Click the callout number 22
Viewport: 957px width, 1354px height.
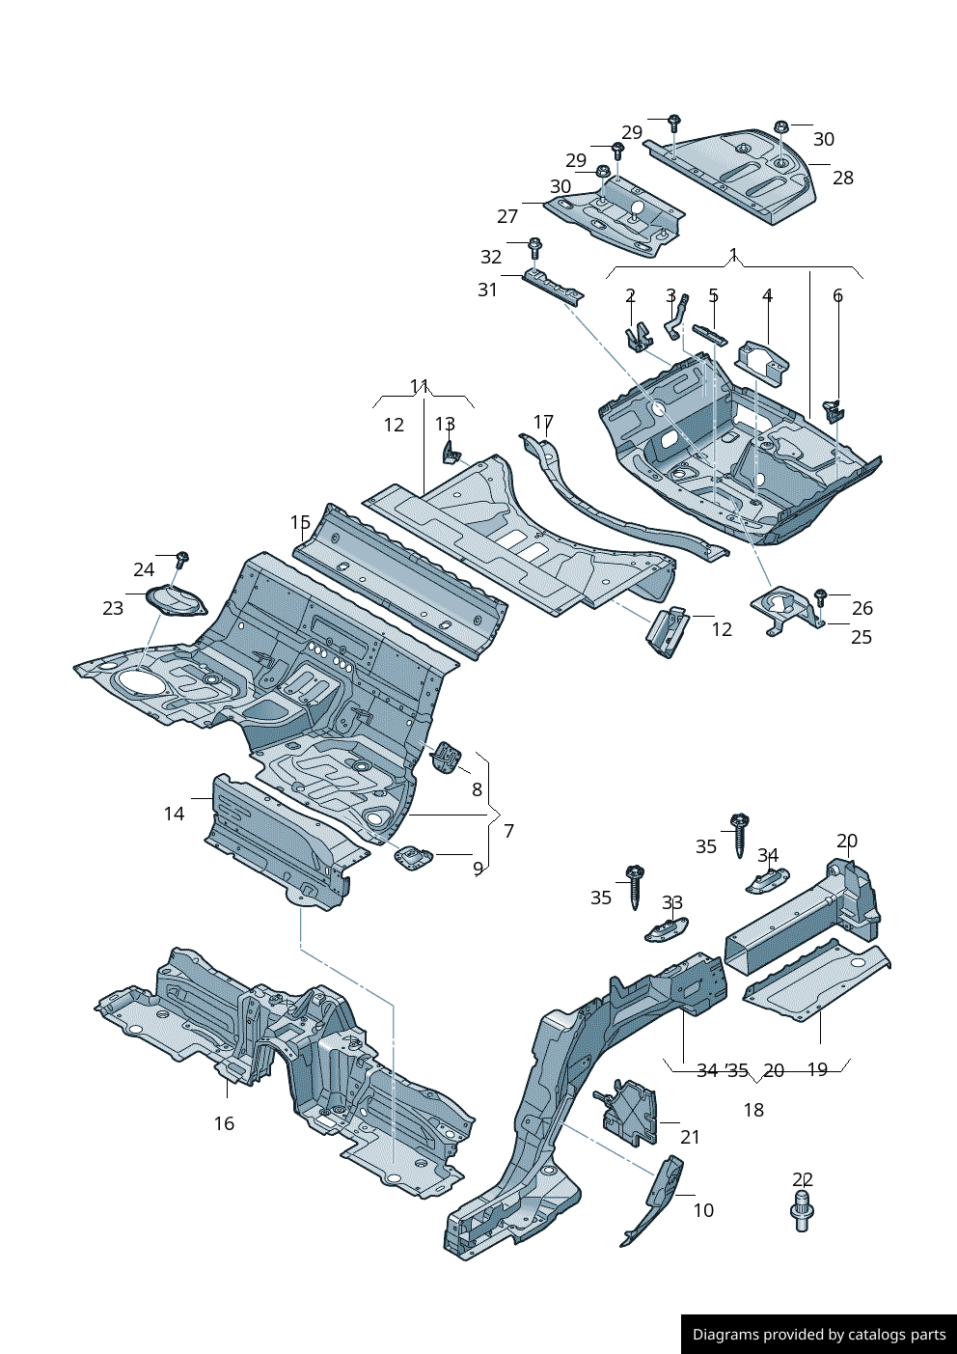click(x=803, y=1179)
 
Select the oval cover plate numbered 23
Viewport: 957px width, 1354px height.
click(x=176, y=601)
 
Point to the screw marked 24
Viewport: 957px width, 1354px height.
click(x=182, y=559)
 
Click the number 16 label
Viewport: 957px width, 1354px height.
click(x=224, y=1123)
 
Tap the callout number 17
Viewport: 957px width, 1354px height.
click(x=543, y=423)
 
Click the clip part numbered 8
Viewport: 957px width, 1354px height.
click(x=446, y=757)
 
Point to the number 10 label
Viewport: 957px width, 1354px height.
click(x=703, y=1210)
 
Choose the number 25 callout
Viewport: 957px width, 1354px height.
click(x=861, y=637)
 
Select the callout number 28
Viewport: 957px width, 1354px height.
click(x=843, y=178)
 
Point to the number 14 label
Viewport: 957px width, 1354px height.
click(x=174, y=814)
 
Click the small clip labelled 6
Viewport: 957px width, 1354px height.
click(x=834, y=409)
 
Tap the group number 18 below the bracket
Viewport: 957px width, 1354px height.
click(x=753, y=1110)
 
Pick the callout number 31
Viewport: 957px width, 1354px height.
click(x=487, y=290)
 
